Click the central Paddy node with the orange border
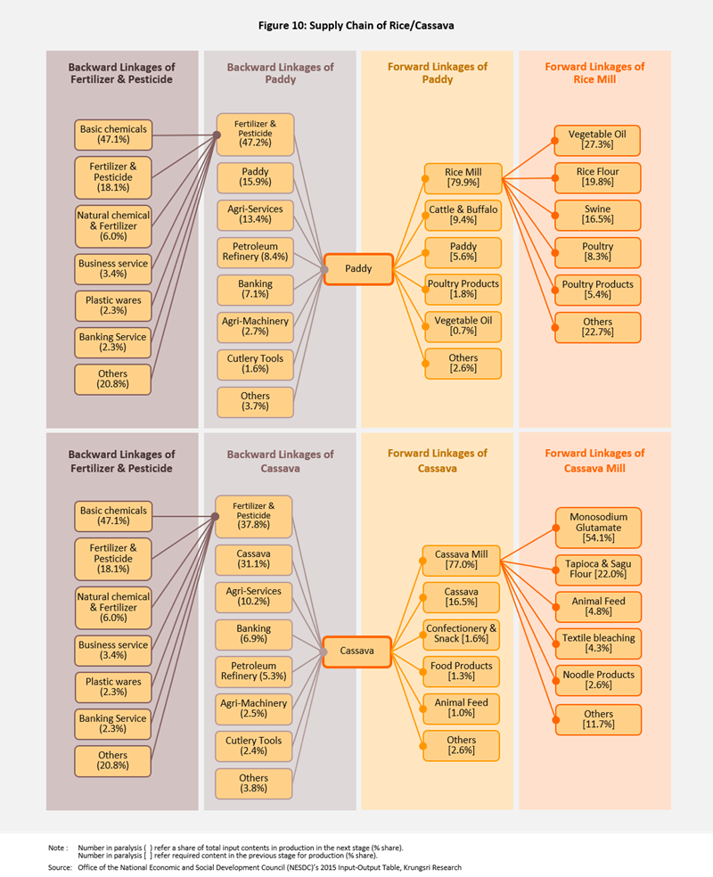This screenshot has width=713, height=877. click(x=357, y=268)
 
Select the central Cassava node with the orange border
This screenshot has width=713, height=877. click(x=356, y=652)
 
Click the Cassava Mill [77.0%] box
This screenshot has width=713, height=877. click(x=462, y=560)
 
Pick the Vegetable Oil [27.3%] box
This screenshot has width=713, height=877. click(x=597, y=140)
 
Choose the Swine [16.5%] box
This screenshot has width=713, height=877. click(x=597, y=214)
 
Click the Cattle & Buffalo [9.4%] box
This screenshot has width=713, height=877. click(x=463, y=215)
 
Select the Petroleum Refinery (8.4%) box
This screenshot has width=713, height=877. click(x=255, y=252)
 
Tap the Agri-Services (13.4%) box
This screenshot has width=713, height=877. click(x=255, y=214)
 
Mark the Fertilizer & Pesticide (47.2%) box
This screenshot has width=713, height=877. click(x=255, y=134)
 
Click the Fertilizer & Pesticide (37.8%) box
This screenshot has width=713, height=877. click(x=254, y=516)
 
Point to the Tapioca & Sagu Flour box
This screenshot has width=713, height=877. click(x=598, y=570)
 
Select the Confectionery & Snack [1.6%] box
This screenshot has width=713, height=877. click(x=462, y=633)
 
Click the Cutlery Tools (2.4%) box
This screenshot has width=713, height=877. click(x=254, y=746)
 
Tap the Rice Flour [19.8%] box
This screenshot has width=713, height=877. click(x=597, y=177)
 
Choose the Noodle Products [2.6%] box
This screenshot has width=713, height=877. click(x=598, y=680)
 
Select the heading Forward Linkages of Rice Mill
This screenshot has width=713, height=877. click(x=594, y=72)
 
